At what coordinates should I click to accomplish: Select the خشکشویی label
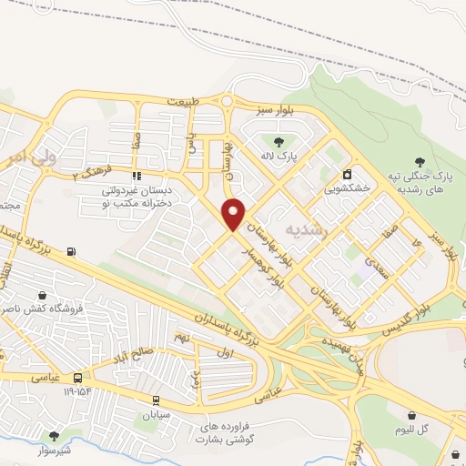347,190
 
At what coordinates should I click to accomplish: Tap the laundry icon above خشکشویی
347,174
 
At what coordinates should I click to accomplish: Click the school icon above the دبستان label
137,176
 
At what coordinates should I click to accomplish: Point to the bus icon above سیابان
156,399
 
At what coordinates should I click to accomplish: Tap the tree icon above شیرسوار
53,436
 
